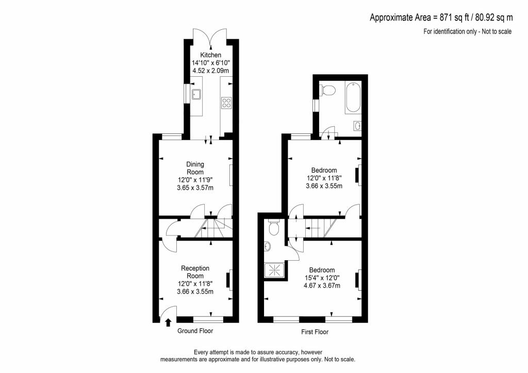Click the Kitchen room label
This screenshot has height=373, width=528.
click(x=211, y=55)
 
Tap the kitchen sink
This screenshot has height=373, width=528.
click(x=196, y=94)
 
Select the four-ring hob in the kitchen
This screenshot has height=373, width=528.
click(x=226, y=103)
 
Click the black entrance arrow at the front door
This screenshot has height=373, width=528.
click(x=168, y=323)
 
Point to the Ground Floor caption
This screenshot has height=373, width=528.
click(x=195, y=331)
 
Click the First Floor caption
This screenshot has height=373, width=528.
click(x=315, y=332)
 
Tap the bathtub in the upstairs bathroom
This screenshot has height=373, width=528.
click(x=353, y=98)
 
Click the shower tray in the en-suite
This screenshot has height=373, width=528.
click(x=275, y=270)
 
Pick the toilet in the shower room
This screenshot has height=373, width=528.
click(x=274, y=228)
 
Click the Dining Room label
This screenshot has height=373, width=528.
click(x=195, y=168)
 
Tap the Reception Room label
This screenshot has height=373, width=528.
click(x=195, y=272)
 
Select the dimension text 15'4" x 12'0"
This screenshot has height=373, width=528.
click(x=322, y=278)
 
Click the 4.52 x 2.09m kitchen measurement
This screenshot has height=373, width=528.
click(x=211, y=71)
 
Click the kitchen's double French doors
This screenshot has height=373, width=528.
click(x=210, y=37)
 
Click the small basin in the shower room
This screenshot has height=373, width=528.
click(x=268, y=247)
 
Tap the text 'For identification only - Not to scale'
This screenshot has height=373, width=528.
click(x=467, y=31)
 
